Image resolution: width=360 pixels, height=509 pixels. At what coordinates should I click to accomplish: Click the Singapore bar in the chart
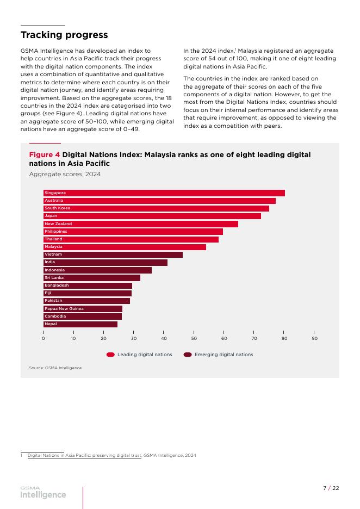[x=164, y=193]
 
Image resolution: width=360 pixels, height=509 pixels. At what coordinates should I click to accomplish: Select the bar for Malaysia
[x=125, y=247]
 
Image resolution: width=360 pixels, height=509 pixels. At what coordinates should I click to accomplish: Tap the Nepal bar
[x=80, y=324]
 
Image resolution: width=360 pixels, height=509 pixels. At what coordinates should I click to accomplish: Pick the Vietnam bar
[x=113, y=254]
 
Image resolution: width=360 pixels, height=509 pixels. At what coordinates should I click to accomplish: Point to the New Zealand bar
[x=141, y=224]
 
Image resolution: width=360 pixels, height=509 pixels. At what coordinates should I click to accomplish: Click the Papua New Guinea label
[x=64, y=309]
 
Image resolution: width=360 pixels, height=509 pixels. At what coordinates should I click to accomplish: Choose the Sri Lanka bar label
[x=54, y=278]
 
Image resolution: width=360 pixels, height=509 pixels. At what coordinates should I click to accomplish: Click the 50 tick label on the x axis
[x=194, y=338]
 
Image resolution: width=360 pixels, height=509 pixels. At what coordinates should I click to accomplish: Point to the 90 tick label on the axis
[x=314, y=338]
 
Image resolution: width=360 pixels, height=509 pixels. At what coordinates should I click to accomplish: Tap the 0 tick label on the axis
[x=43, y=338]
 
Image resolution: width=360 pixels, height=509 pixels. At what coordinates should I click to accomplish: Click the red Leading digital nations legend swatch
[x=110, y=355]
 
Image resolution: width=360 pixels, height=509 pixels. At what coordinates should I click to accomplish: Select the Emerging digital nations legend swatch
[x=188, y=355]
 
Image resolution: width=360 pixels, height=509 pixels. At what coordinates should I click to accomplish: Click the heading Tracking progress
[x=64, y=35]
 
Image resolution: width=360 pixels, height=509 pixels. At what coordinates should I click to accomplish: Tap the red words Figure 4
[x=45, y=155]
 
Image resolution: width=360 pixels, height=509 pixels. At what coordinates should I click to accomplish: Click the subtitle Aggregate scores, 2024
[x=65, y=175]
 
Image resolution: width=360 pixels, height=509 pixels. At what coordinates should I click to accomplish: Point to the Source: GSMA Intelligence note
[x=55, y=368]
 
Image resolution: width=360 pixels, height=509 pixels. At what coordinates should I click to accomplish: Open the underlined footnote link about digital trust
[x=84, y=456]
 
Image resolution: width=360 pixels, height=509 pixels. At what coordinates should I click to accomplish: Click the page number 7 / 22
[x=331, y=488]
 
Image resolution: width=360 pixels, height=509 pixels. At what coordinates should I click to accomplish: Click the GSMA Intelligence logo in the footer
[x=43, y=493]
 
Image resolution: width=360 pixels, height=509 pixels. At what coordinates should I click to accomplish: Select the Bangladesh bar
[x=88, y=285]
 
